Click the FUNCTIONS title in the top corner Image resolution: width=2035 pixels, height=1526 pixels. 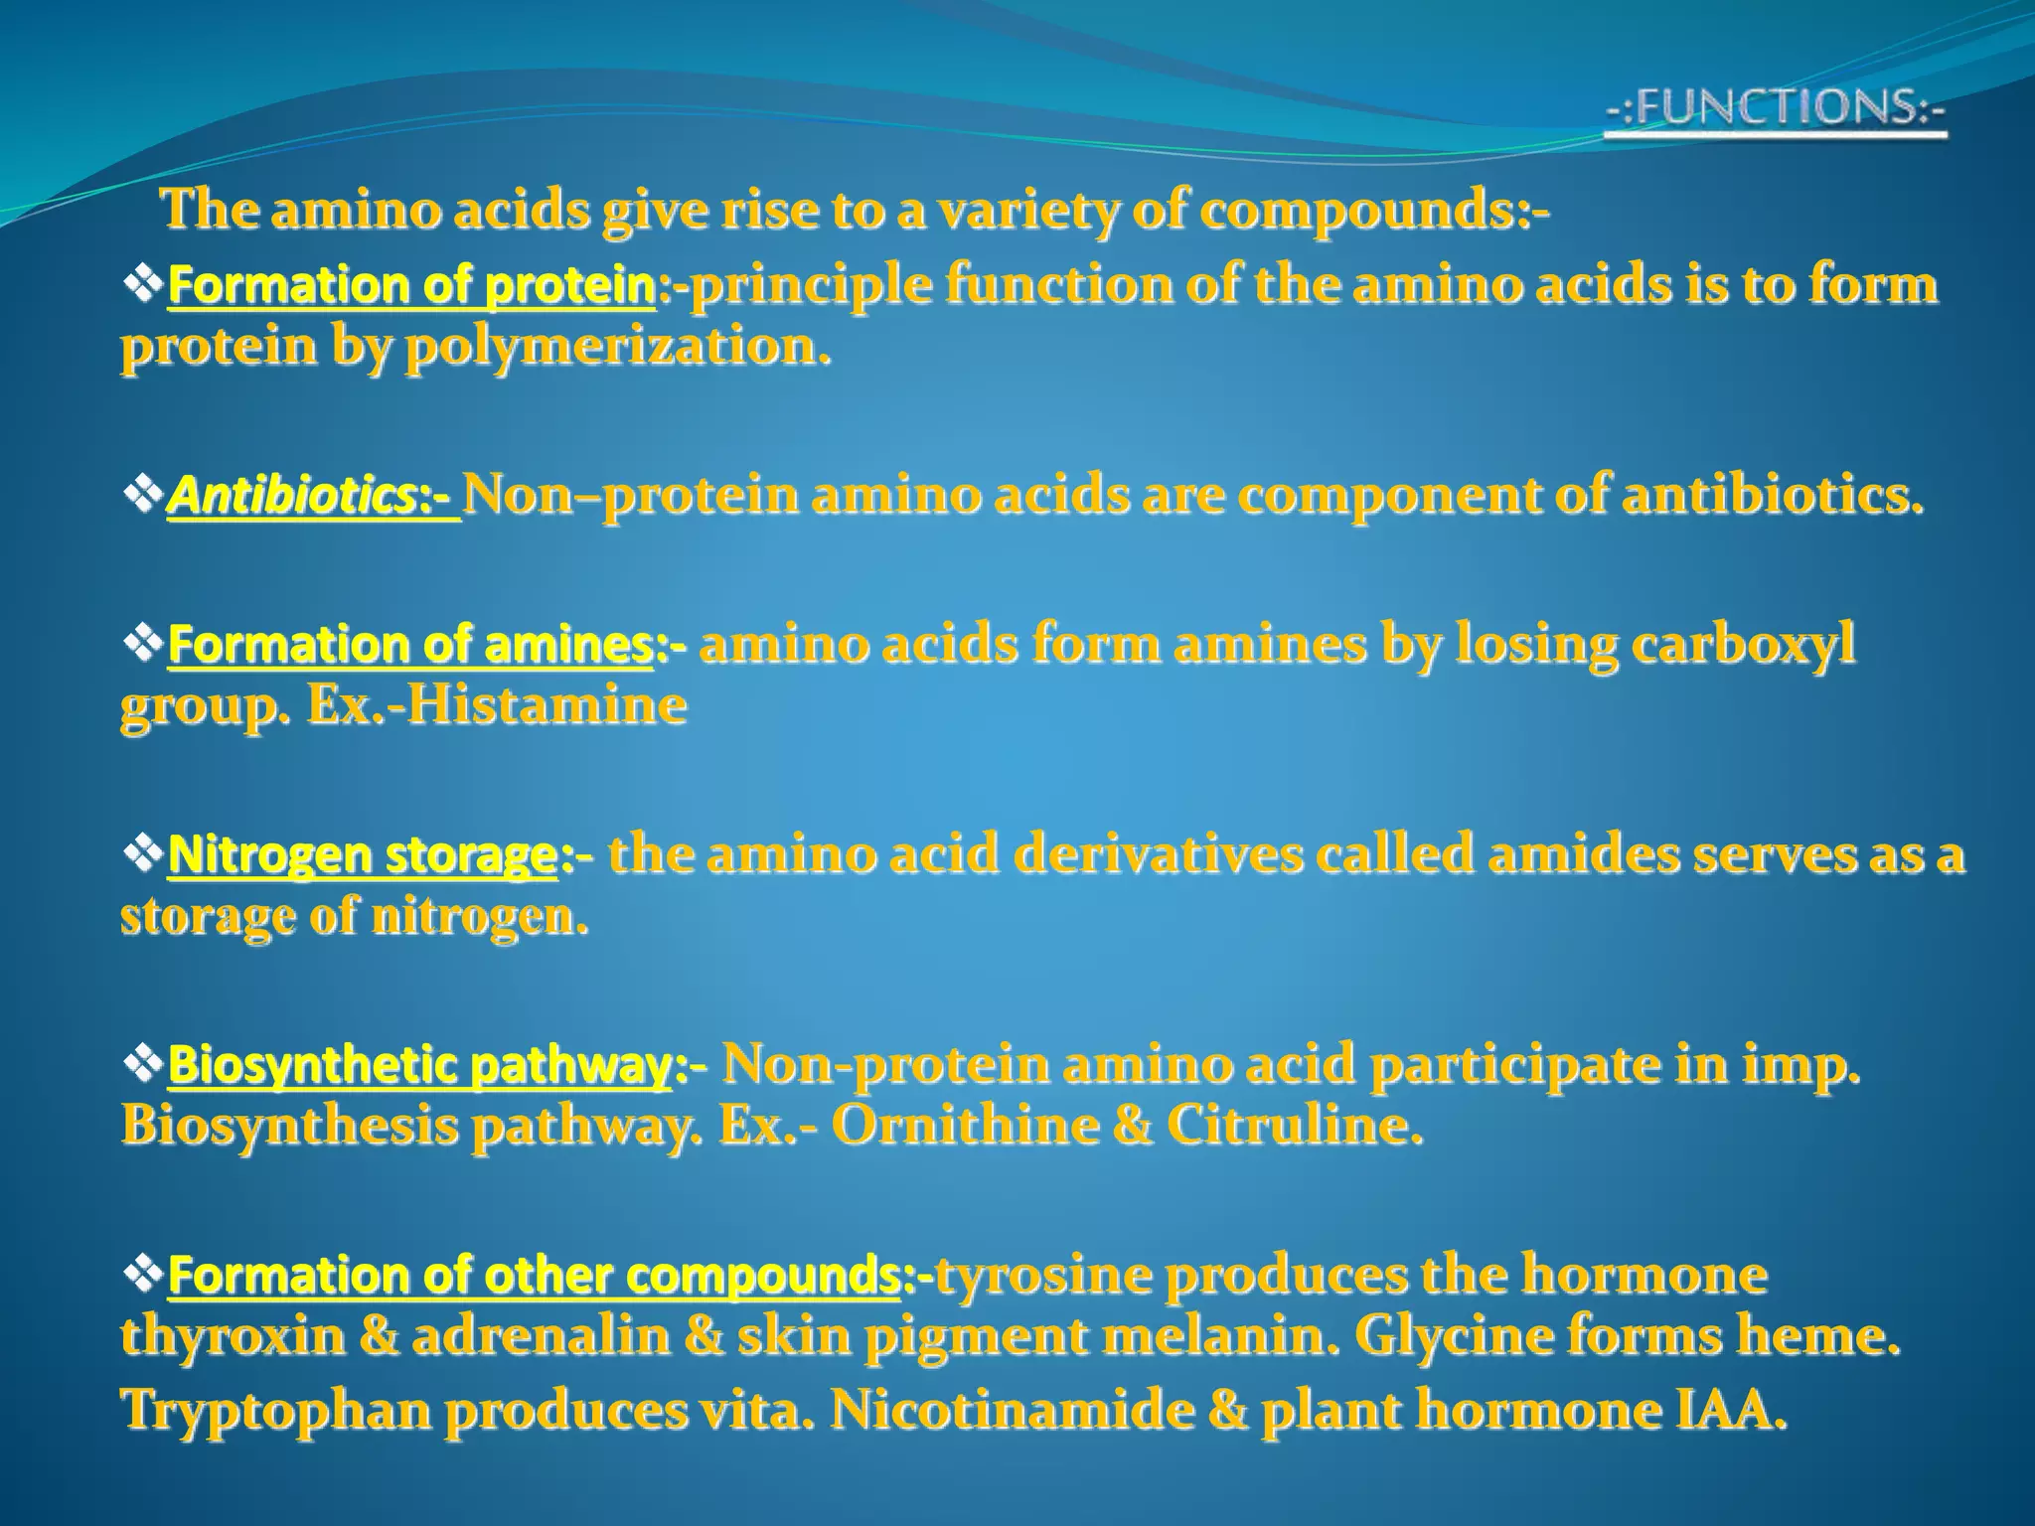pos(1775,107)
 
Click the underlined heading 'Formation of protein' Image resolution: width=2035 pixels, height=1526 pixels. pos(411,286)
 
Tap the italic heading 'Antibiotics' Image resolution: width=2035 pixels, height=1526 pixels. pos(298,495)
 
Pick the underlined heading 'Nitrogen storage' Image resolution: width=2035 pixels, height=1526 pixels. pos(362,855)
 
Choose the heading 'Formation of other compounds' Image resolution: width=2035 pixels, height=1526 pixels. pos(535,1276)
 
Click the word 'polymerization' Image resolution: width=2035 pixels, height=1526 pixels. pos(616,347)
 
